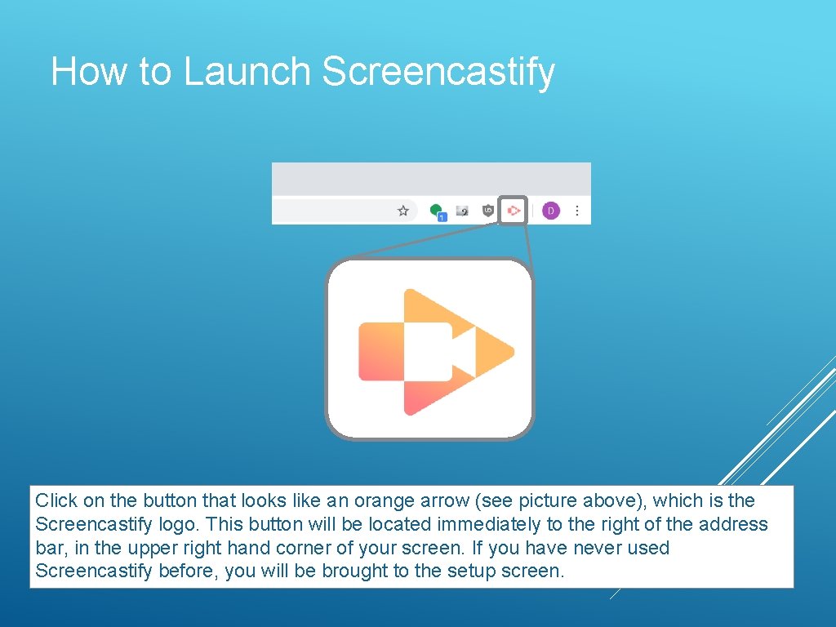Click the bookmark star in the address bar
[403, 211]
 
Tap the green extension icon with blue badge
[438, 211]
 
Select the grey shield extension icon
[488, 211]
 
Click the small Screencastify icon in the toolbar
[514, 211]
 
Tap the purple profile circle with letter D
[550, 211]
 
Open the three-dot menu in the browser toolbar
[577, 211]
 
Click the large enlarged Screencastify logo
[430, 350]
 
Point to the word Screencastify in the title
[438, 72]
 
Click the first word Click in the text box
[56, 500]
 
